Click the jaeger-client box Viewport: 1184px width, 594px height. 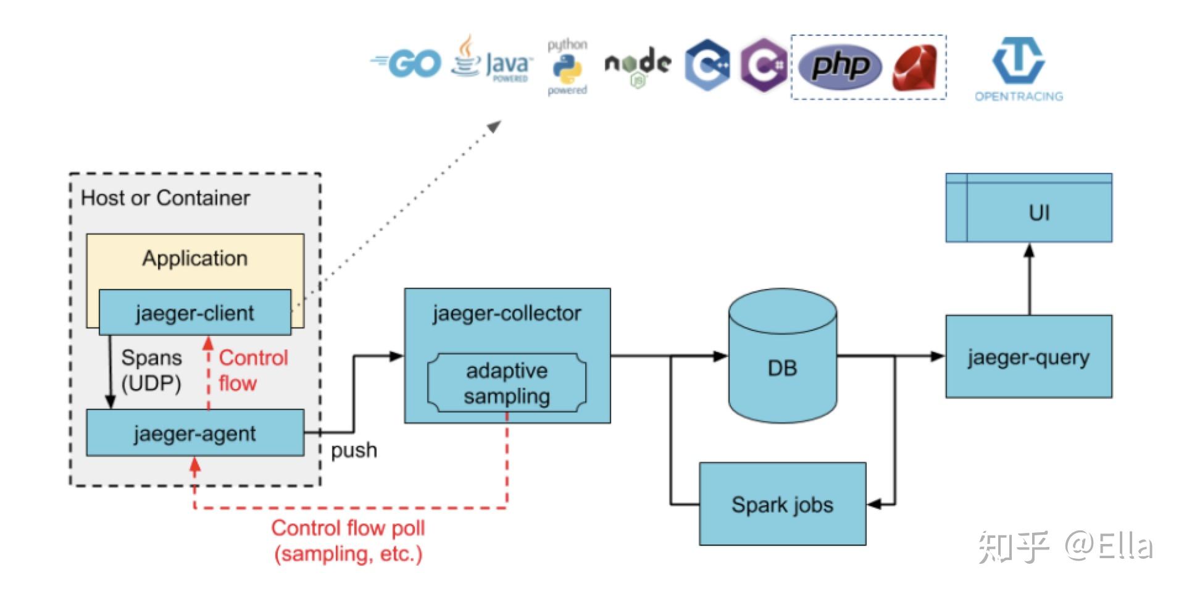(194, 313)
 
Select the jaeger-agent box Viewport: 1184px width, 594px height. (194, 433)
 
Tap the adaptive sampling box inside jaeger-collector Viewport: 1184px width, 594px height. (507, 383)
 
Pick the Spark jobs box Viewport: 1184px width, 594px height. (782, 504)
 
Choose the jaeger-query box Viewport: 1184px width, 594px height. (1028, 357)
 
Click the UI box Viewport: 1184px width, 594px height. (1039, 212)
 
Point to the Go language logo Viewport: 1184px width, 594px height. (407, 64)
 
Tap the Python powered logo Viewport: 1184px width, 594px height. (567, 67)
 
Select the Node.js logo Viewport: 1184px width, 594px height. (638, 65)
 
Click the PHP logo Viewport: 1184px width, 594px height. (840, 65)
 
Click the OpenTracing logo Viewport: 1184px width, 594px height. (1019, 68)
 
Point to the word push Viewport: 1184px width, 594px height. (354, 450)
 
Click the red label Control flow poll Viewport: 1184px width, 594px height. (348, 529)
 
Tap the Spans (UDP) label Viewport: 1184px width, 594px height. (151, 370)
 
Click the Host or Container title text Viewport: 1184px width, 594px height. (165, 198)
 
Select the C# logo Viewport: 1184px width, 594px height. (763, 65)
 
